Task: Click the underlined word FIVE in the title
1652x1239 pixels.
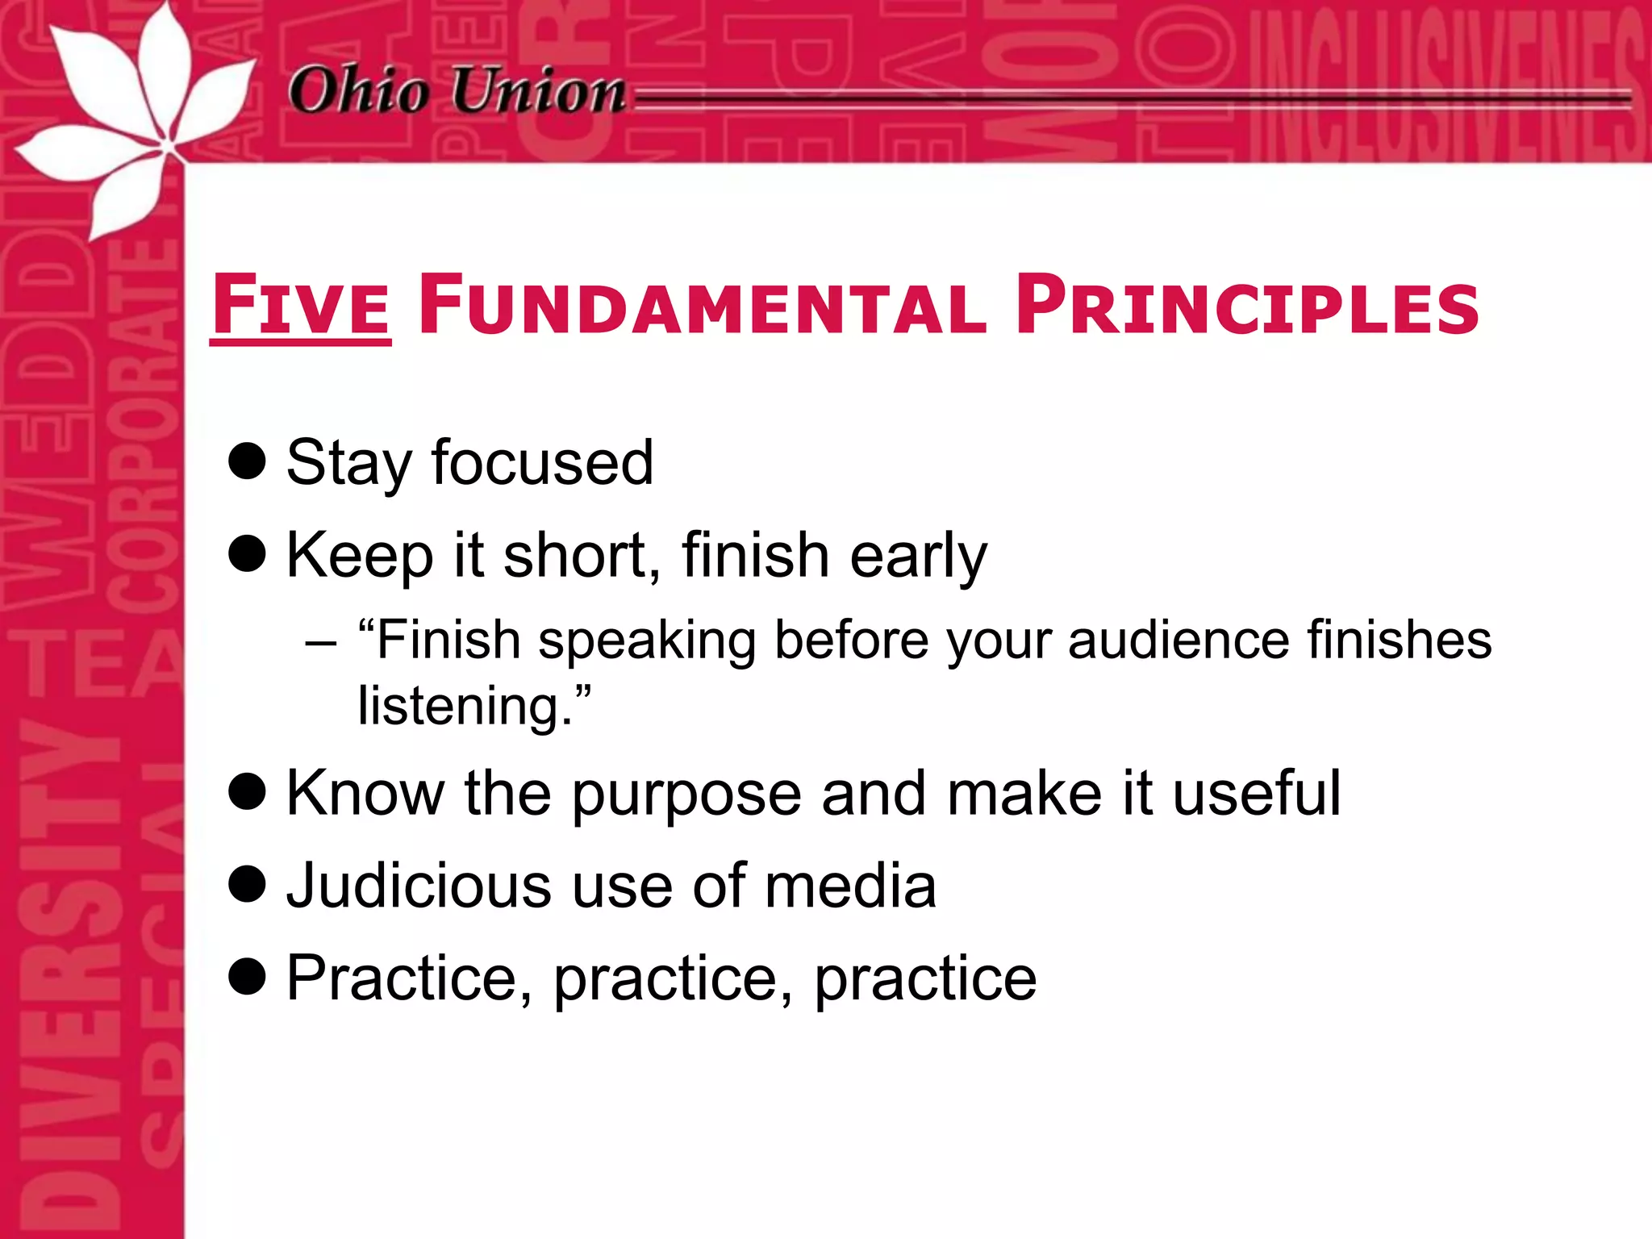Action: (x=301, y=307)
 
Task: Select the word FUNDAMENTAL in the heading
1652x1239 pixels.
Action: (x=702, y=307)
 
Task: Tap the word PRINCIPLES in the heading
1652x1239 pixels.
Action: (x=1247, y=307)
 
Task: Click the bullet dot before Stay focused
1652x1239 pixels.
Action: (x=247, y=461)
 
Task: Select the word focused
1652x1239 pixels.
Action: (x=542, y=463)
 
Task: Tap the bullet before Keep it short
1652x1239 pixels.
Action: (x=247, y=554)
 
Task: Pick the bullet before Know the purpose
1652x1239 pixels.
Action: (x=247, y=791)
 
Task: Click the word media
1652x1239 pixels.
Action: (x=850, y=886)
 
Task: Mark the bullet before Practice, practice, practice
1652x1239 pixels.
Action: (x=247, y=977)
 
